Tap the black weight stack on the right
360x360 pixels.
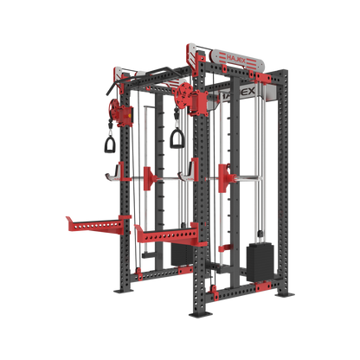[260, 258]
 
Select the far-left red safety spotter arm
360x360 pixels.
[90, 222]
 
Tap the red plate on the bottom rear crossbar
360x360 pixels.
[183, 270]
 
